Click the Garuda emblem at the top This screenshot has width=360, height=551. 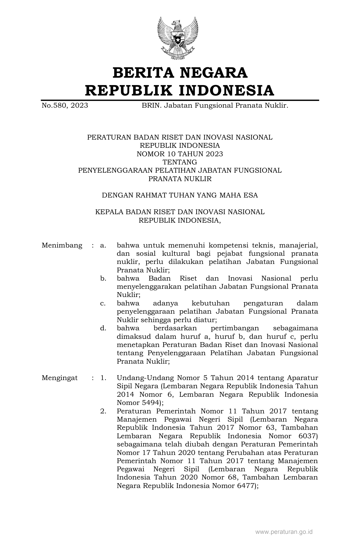[178, 38]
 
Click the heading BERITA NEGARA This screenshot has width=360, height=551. [180, 73]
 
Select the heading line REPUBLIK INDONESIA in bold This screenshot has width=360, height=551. [180, 90]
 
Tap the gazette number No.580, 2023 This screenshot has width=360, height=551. [65, 106]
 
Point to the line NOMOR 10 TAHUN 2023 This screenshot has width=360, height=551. [180, 154]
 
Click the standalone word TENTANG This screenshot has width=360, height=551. [180, 162]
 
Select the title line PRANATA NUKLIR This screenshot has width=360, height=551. [180, 179]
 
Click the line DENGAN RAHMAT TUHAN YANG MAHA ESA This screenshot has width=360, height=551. [180, 195]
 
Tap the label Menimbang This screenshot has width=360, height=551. [62, 245]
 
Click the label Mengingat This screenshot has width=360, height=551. [60, 378]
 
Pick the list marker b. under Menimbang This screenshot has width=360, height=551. [103, 279]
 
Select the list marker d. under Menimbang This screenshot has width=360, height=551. [103, 328]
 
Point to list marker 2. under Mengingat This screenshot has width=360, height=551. [103, 411]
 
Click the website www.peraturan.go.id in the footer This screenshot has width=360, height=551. [284, 532]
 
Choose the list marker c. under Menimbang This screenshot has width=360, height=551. [103, 303]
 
